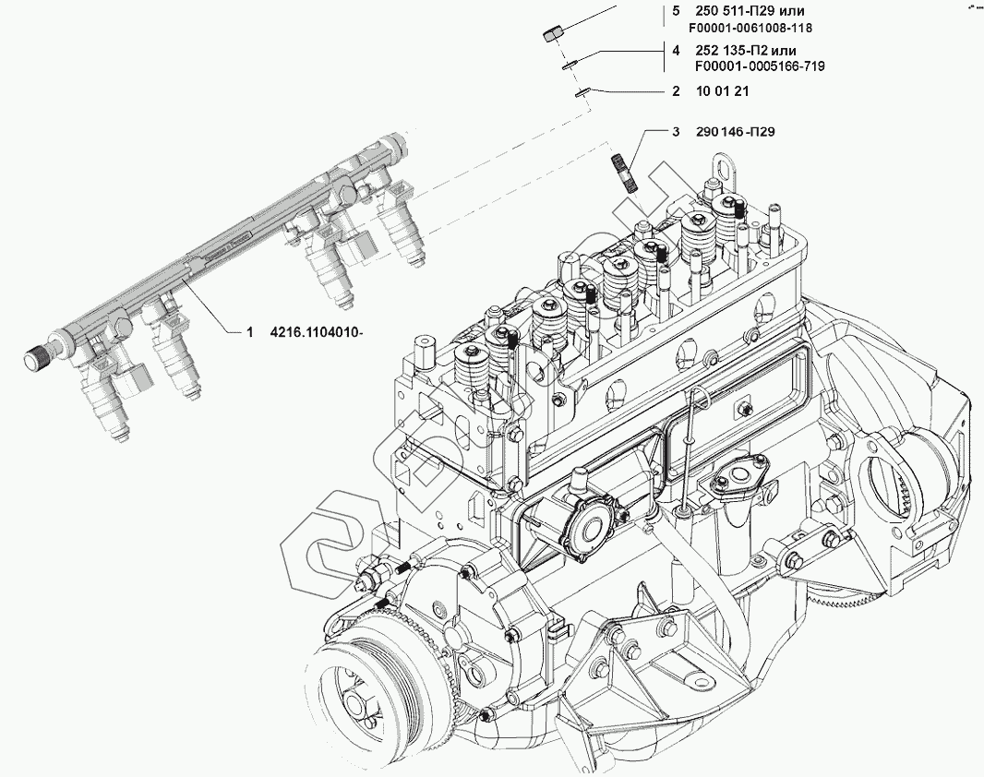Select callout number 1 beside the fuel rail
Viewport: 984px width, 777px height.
point(248,332)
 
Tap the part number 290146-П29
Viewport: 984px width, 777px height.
point(736,132)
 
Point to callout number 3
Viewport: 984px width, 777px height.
point(676,132)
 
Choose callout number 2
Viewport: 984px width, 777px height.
point(676,91)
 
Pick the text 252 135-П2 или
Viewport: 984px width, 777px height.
point(746,51)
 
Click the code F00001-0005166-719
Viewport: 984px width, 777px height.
point(759,66)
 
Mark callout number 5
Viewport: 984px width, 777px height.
point(676,11)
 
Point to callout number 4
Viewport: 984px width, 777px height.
point(676,51)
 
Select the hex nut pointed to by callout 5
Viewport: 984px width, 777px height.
point(550,33)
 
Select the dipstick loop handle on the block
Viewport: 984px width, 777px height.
point(700,398)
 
